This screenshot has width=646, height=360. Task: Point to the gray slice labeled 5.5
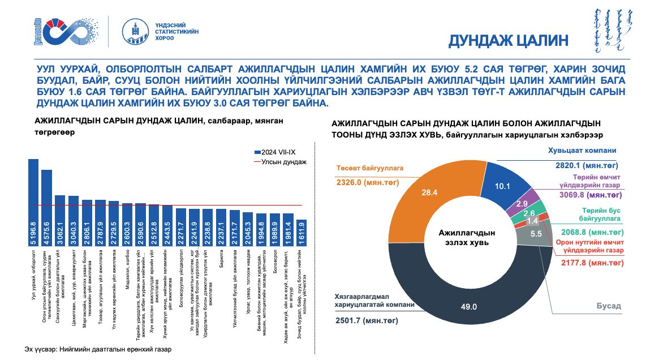tap(537, 233)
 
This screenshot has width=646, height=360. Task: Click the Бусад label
tap(608, 306)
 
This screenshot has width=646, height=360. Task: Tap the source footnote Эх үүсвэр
tap(97, 349)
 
